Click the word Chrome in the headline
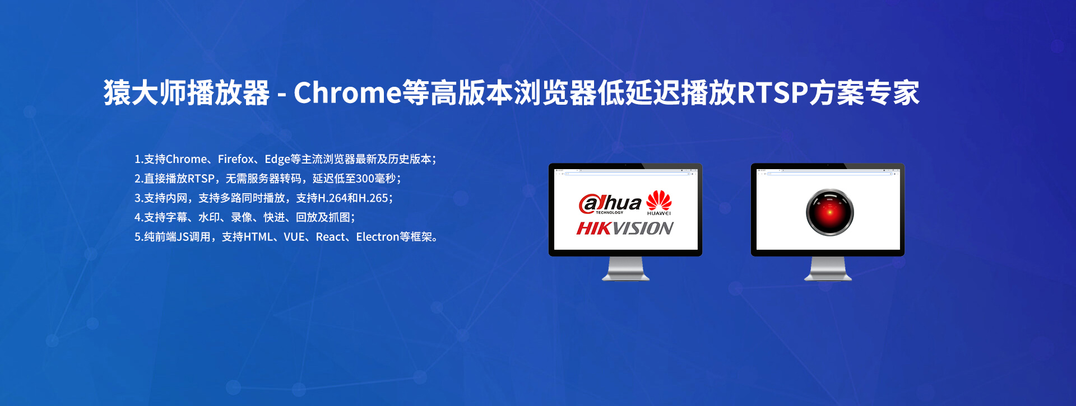347,92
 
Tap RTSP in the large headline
772,93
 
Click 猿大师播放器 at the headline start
187,92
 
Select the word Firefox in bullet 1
236,159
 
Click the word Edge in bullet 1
277,160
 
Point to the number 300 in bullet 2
365,179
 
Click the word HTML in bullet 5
258,237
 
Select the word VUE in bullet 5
294,237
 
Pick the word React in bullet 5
331,237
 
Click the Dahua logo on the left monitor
610,204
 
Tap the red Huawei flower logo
659,200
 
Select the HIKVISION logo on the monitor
625,228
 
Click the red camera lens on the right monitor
829,212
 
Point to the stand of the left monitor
625,268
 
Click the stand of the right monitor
828,268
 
